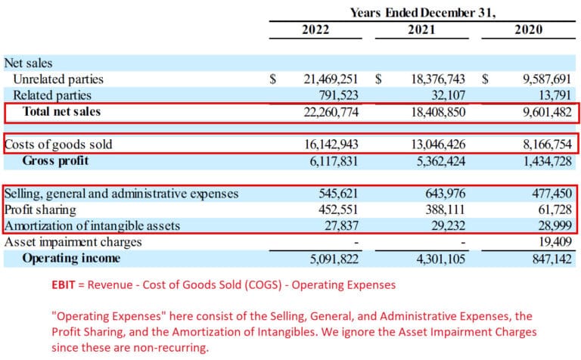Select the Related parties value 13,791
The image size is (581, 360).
coord(554,95)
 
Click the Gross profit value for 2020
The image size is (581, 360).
coord(542,160)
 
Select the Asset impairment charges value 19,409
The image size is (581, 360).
coord(554,242)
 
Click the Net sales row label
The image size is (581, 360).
coord(28,64)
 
